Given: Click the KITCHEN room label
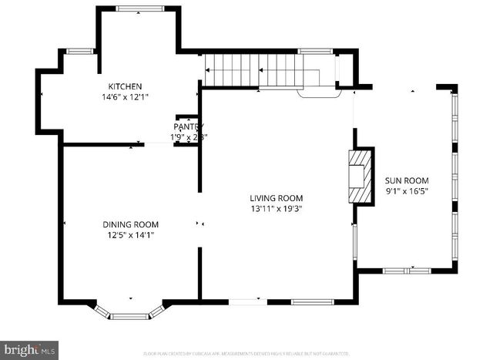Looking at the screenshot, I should pos(125,86).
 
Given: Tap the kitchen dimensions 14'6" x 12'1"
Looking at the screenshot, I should pos(125,97).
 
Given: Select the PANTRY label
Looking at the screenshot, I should pos(188,126).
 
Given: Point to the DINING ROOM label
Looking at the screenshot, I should pos(131,224).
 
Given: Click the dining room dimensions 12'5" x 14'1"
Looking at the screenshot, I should pos(131,235).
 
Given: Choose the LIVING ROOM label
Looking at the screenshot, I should pos(276,197).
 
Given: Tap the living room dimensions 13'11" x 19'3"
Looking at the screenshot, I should pos(276,208).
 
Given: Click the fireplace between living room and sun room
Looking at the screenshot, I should pos(359,176).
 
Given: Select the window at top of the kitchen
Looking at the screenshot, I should pos(139,8).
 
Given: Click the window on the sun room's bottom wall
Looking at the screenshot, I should pos(407,271).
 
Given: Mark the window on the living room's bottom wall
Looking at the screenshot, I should pos(311,301).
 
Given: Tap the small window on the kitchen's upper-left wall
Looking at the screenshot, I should pos(80,52).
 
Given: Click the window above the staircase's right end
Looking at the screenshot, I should pos(315,52).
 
